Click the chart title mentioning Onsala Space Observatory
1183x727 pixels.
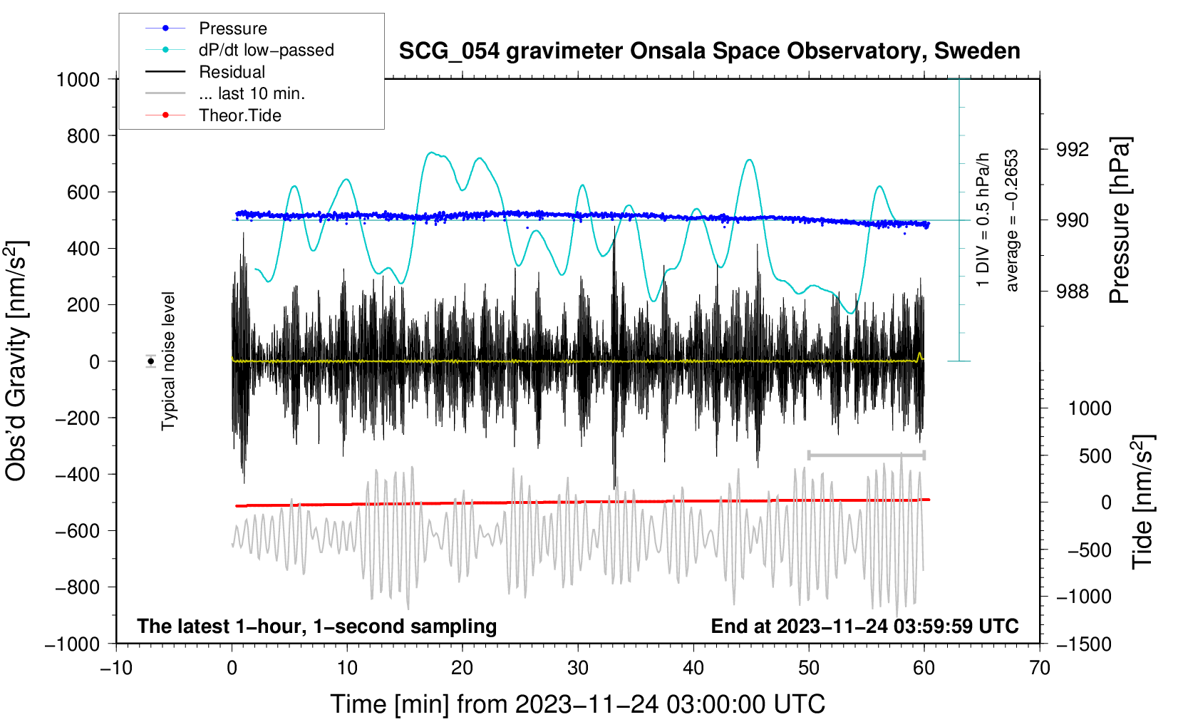click(709, 51)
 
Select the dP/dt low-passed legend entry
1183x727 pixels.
click(266, 50)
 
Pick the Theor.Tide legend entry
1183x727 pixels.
click(239, 115)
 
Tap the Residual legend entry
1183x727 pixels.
click(232, 72)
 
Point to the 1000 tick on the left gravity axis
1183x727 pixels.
click(78, 79)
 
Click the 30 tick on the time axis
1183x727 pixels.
click(578, 668)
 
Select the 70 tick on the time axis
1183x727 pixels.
click(1040, 668)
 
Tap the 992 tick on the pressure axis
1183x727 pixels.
click(1073, 150)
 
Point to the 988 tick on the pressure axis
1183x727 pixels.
click(1073, 291)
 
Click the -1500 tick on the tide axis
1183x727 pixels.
click(1084, 644)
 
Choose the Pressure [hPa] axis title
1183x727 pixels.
click(1120, 220)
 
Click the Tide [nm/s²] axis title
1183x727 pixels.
click(1142, 502)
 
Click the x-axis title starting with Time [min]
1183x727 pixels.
click(578, 704)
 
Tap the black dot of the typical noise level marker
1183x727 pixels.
click(151, 361)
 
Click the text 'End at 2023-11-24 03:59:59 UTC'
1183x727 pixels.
click(864, 626)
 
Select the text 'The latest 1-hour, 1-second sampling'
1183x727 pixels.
click(317, 626)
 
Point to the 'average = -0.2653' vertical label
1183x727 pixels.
click(1012, 220)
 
